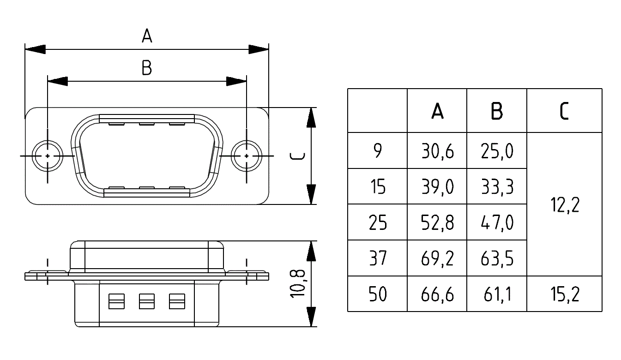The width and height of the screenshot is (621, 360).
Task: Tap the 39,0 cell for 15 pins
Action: click(x=437, y=187)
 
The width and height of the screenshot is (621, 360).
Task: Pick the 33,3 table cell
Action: click(x=497, y=187)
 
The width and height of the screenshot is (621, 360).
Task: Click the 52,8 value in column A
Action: click(x=437, y=222)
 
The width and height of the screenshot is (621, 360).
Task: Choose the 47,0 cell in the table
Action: click(x=497, y=222)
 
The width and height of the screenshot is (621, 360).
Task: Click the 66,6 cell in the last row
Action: click(x=437, y=294)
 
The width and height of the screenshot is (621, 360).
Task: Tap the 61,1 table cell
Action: click(x=497, y=294)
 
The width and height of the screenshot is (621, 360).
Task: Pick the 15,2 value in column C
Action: click(x=565, y=294)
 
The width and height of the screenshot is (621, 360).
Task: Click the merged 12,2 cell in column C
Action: click(x=565, y=205)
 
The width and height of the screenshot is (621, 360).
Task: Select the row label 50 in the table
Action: click(x=377, y=294)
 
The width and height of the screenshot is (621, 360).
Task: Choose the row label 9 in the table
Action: click(x=378, y=150)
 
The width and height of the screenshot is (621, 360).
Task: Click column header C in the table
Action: click(x=565, y=111)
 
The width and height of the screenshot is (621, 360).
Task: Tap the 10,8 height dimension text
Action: click(x=298, y=284)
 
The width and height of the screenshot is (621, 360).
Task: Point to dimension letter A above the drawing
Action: click(x=147, y=36)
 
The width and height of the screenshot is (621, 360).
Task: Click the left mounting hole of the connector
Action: click(x=48, y=156)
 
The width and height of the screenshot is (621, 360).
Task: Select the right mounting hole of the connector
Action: click(x=247, y=156)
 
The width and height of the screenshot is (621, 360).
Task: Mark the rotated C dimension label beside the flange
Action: click(x=297, y=156)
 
